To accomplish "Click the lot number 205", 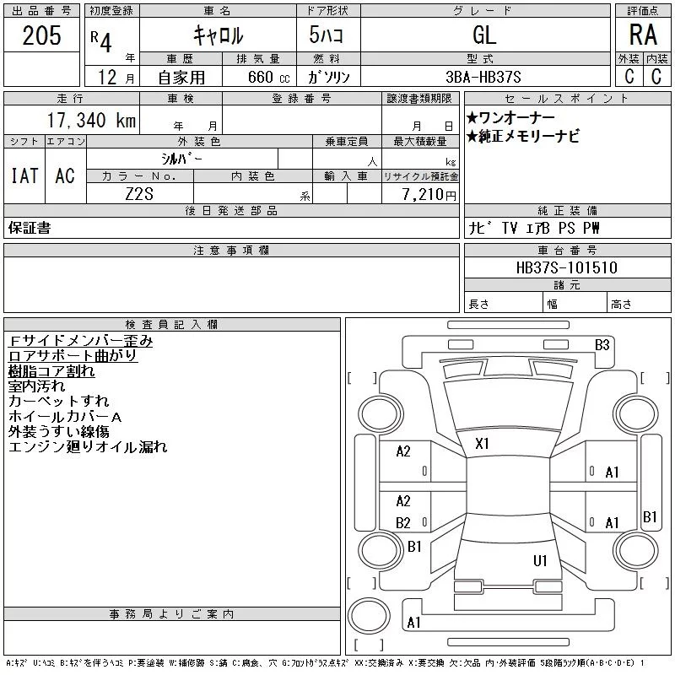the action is pos(41,35).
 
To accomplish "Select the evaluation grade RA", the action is pos(643,35).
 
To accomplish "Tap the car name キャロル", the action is pos(219,35).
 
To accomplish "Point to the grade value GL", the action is pos(484,35).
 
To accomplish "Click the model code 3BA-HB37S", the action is pos(483,77).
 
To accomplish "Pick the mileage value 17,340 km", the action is pos(92,120).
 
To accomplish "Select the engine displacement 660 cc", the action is pos(268,77).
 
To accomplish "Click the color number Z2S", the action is pos(139,194).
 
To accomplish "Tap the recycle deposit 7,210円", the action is pos(429,194).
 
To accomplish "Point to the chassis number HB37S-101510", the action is pos(566,267).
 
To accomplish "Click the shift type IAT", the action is pos(24,175).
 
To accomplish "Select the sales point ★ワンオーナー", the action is pos(510,117).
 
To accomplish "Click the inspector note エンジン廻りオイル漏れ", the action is pos(88,447).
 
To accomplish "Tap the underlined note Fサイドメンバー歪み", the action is pos(80,341).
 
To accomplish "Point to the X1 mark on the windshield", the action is pos(482,444).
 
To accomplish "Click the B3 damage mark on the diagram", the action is pos(602,345).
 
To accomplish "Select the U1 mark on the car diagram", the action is pos(540,560).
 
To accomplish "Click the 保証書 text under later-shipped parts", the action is pos(30,228).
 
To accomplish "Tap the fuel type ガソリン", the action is pos(328,77).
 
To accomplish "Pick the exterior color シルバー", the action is pos(181,159).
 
